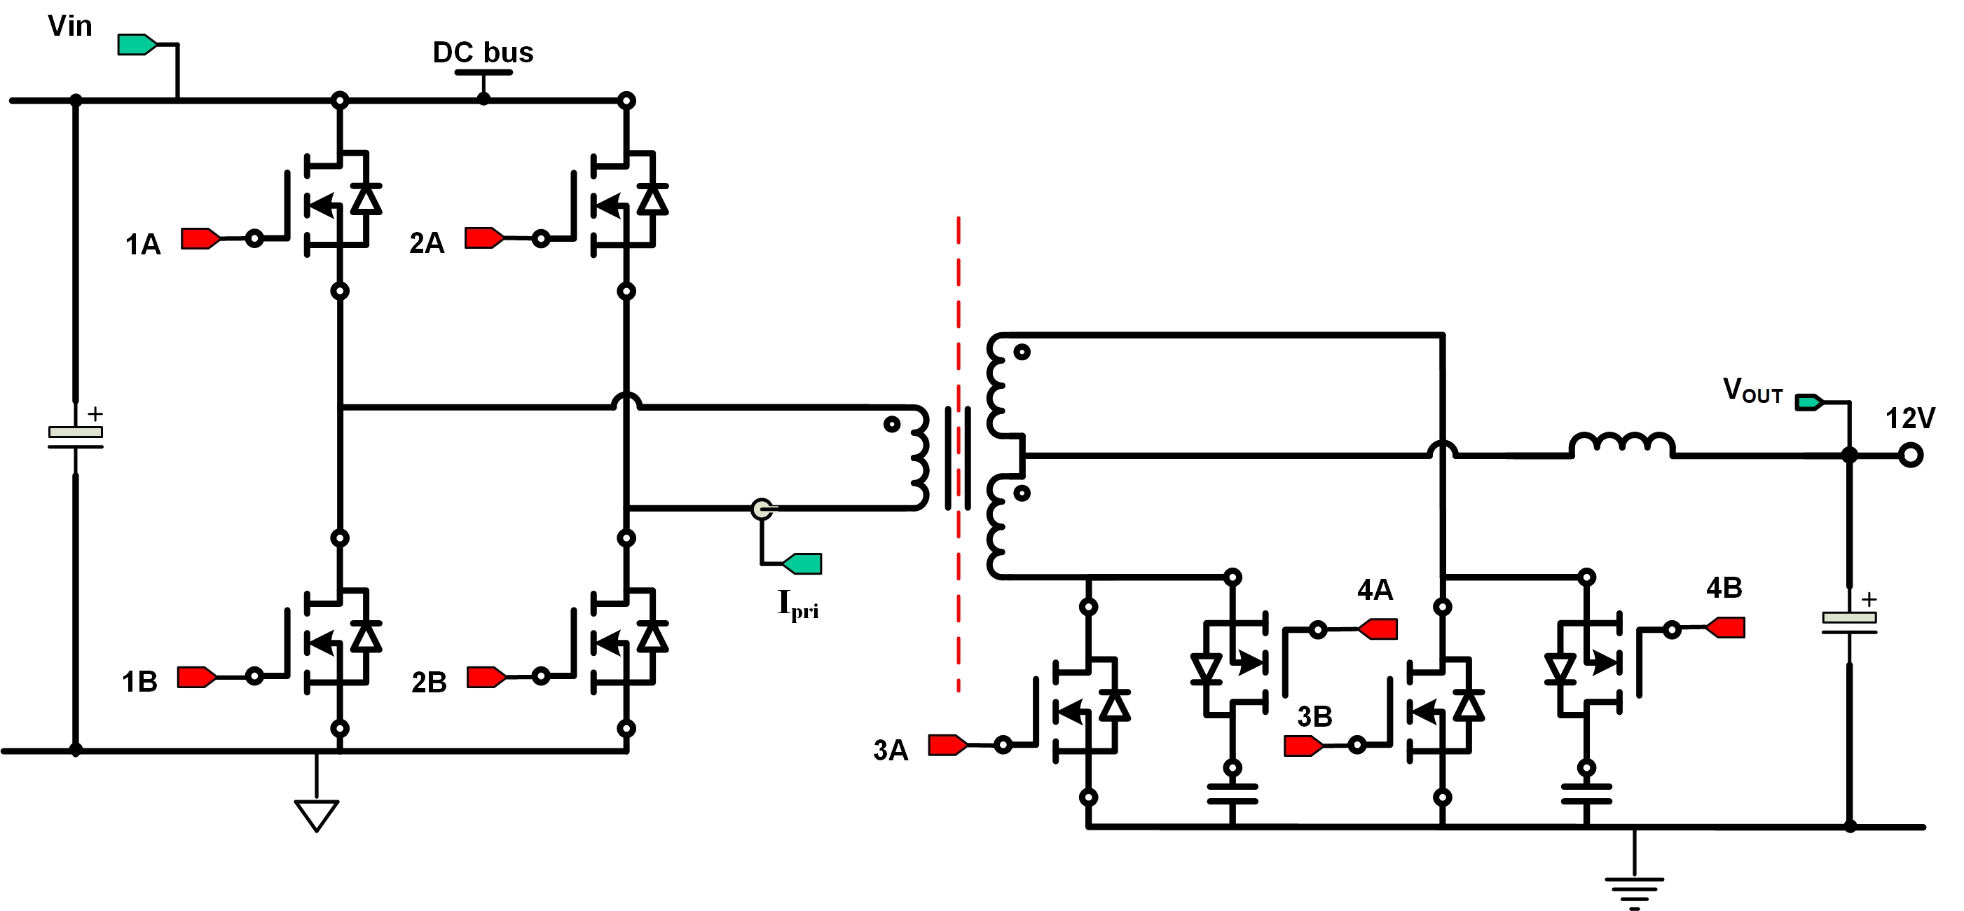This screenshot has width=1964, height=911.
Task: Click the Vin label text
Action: pos(69,26)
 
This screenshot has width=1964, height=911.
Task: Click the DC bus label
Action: pos(483,53)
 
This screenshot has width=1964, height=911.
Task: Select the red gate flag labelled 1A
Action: pos(200,239)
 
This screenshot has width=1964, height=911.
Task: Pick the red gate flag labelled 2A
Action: pos(484,238)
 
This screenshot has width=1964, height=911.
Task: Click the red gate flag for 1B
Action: pos(197,677)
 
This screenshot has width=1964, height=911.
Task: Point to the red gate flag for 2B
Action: pos(486,677)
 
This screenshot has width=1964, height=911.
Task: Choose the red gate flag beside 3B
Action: pos(1303,746)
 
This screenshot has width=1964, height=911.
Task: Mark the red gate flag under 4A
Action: pos(1378,629)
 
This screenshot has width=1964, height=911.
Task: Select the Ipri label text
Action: pos(797,605)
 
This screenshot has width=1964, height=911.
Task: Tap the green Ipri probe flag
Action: pos(803,563)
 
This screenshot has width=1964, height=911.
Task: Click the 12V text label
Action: pos(1910,418)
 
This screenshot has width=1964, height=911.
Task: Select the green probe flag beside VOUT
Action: pos(1809,402)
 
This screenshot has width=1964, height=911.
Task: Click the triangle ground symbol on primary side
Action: pos(317,814)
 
